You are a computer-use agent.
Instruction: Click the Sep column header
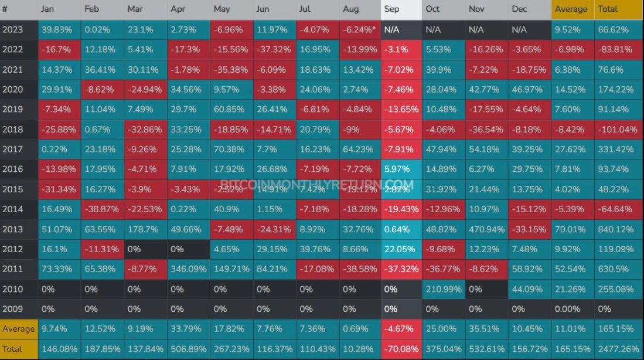401,9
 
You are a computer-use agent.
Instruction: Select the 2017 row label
19,149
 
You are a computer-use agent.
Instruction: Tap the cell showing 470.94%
487,229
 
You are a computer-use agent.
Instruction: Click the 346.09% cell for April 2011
189,269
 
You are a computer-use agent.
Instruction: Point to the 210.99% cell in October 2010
444,289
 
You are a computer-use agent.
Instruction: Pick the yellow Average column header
573,9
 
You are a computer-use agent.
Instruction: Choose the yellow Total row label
19,349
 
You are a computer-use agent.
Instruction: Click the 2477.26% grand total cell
619,349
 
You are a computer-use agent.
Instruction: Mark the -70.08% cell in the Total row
401,349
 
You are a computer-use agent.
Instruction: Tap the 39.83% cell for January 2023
60,30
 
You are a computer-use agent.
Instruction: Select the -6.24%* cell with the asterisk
360,30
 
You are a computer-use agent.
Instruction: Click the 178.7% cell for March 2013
145,229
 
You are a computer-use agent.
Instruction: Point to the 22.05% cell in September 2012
401,249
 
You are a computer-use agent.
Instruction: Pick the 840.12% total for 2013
619,229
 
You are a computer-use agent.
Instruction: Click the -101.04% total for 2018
619,130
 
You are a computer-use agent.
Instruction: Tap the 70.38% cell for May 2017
231,149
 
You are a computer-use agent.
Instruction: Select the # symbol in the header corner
5,9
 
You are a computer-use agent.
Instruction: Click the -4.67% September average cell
401,329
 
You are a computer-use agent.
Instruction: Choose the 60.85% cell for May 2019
231,109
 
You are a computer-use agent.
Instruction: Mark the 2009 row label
19,309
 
